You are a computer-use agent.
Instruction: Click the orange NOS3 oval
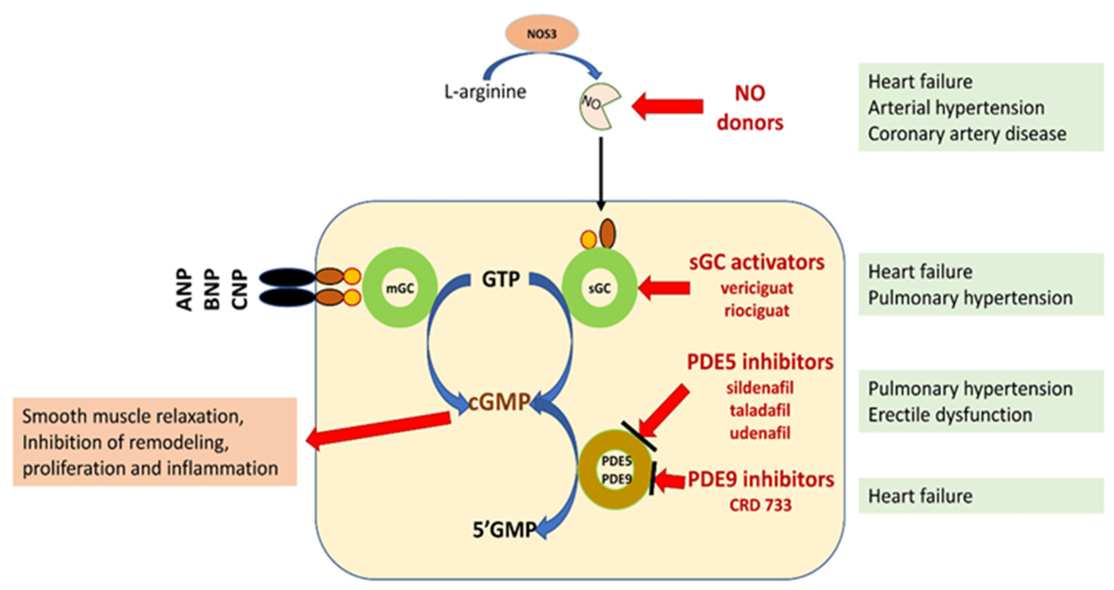click(542, 33)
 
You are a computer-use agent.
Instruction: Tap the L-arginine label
click(485, 92)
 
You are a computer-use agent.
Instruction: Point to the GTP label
click(501, 279)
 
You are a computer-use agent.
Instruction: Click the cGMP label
click(500, 402)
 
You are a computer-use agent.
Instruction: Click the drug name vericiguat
click(757, 289)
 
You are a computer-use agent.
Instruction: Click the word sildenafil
click(760, 388)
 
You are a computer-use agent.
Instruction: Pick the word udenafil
click(760, 433)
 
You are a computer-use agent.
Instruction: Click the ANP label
click(185, 289)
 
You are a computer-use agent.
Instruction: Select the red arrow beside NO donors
click(668, 106)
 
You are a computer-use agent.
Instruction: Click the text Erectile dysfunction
click(950, 415)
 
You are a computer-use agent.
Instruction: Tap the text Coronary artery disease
click(967, 134)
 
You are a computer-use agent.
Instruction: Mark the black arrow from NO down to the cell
click(601, 173)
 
